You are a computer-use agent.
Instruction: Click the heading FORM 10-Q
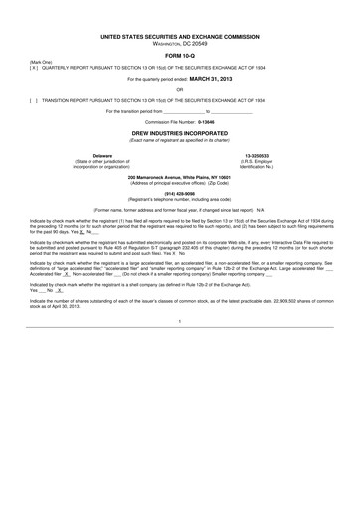180,55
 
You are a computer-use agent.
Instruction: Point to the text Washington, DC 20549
180,44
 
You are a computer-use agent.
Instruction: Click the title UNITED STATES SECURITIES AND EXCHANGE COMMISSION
180,36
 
